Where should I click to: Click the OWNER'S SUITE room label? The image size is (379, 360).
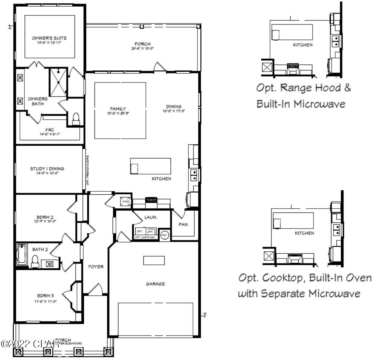coord(49,38)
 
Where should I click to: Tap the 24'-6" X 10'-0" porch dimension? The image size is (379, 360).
coord(143,48)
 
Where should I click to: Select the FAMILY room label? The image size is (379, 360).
coord(118,109)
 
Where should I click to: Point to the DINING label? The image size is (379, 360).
coord(174,106)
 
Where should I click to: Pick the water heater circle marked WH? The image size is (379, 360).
coord(165,235)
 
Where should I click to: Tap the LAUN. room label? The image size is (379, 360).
coord(151,217)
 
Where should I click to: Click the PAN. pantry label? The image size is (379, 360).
coord(184,224)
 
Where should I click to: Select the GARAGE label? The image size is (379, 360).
coord(155,284)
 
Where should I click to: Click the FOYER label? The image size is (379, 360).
coord(96,267)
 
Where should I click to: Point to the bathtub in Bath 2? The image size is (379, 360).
coord(22,254)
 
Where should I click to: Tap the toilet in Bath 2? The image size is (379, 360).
coord(35,261)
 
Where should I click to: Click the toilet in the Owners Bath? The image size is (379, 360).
coord(76,118)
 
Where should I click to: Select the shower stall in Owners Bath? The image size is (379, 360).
coord(58,82)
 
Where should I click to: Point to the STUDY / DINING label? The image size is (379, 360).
coord(47,169)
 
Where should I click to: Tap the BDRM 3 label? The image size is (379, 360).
coord(45,296)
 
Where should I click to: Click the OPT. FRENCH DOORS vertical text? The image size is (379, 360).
coord(88,170)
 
